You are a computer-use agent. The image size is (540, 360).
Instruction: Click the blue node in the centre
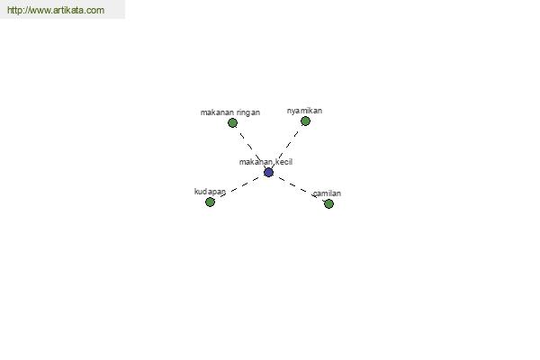coord(268,172)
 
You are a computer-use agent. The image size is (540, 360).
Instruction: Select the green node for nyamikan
coord(305,121)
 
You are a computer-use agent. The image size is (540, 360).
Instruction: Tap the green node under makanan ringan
coord(232,122)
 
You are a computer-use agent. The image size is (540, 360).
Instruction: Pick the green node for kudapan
coord(210,202)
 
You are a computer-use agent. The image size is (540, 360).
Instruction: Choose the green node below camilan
coord(328,204)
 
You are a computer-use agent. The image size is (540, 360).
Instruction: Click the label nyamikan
coord(304,111)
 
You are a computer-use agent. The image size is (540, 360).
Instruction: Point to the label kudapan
coord(210,192)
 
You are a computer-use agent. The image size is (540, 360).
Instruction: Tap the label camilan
coord(328,193)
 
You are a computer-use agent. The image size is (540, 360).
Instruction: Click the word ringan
coord(248,112)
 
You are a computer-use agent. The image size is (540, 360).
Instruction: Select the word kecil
coord(284,162)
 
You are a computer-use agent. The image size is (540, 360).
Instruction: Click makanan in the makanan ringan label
coord(217,112)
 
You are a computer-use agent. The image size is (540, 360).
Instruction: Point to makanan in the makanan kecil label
coord(256,162)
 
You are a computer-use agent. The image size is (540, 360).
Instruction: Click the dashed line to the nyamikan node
coord(286,146)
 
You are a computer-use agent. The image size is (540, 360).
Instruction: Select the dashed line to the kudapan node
coord(240,186)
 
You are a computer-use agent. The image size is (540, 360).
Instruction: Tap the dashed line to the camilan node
coord(297,187)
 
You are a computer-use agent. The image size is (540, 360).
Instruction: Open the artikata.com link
coord(56,10)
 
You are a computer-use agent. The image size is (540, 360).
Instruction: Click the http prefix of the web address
coord(14,10)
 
